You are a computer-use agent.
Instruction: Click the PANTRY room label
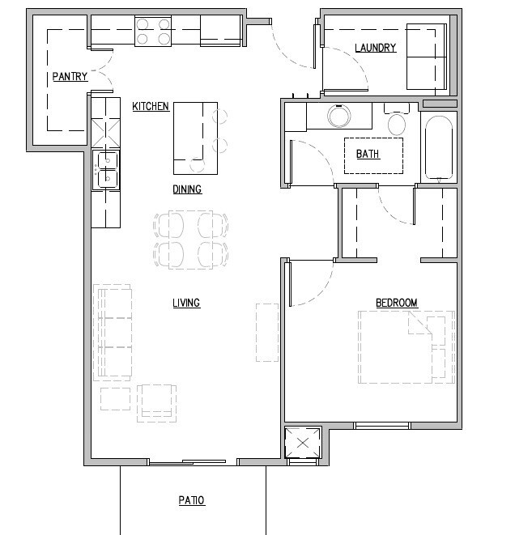tap(70, 77)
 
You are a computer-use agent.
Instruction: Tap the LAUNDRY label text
tap(375, 48)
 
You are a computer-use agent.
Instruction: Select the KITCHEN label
tap(151, 106)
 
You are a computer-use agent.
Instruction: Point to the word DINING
tap(186, 189)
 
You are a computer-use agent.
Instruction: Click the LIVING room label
tap(185, 304)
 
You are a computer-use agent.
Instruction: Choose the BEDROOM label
tap(396, 304)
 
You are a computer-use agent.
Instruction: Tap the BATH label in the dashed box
tap(368, 154)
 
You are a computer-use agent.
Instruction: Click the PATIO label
tap(192, 501)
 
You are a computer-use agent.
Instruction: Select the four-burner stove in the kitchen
tap(153, 31)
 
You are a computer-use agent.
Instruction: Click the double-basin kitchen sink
tap(105, 169)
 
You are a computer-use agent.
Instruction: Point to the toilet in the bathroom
tap(397, 121)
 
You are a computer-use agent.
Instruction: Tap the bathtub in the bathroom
tap(439, 148)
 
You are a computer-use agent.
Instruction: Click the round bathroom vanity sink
tap(339, 117)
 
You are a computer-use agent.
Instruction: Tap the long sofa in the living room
tap(113, 331)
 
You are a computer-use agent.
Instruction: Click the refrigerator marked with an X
tap(105, 130)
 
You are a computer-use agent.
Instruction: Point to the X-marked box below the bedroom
tap(303, 444)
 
